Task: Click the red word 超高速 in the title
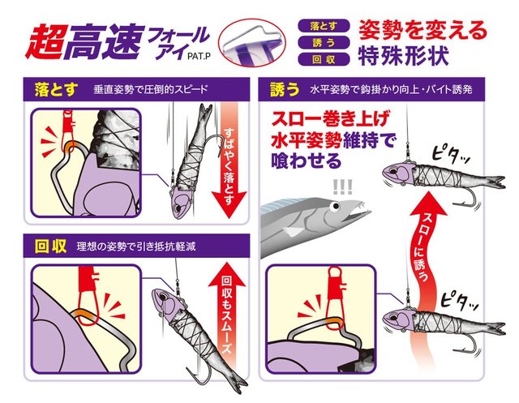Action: pyautogui.click(x=85, y=42)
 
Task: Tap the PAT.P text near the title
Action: pyautogui.click(x=199, y=57)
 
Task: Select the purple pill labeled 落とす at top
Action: pyautogui.click(x=324, y=26)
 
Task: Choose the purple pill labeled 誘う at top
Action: pyautogui.click(x=324, y=43)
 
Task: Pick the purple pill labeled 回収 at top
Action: pyautogui.click(x=324, y=59)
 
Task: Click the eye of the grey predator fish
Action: pyautogui.click(x=336, y=207)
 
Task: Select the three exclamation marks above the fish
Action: pyautogui.click(x=343, y=186)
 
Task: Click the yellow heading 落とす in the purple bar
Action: pyautogui.click(x=56, y=89)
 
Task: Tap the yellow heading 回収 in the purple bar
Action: pyautogui.click(x=50, y=247)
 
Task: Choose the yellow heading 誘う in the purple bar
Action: pyautogui.click(x=285, y=89)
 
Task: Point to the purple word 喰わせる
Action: pyautogui.click(x=307, y=161)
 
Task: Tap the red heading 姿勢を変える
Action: pyautogui.click(x=423, y=30)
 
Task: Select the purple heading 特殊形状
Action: pyautogui.click(x=404, y=55)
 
